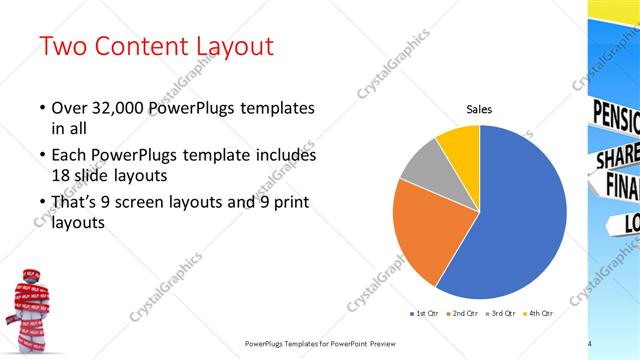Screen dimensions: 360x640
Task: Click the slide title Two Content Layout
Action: point(155,47)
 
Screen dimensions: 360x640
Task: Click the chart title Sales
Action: point(480,111)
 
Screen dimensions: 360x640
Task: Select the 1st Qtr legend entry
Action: point(427,313)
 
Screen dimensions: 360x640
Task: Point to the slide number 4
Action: point(590,344)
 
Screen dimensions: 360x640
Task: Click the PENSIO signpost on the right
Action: point(615,116)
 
